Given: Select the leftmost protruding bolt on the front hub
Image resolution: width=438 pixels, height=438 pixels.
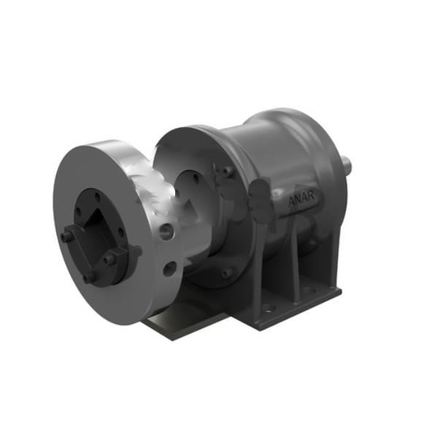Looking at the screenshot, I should tap(67, 236).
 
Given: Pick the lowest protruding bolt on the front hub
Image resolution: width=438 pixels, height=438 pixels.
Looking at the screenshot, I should tap(89, 277).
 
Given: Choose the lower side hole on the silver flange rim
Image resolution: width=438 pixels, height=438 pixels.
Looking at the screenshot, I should tap(170, 269).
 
